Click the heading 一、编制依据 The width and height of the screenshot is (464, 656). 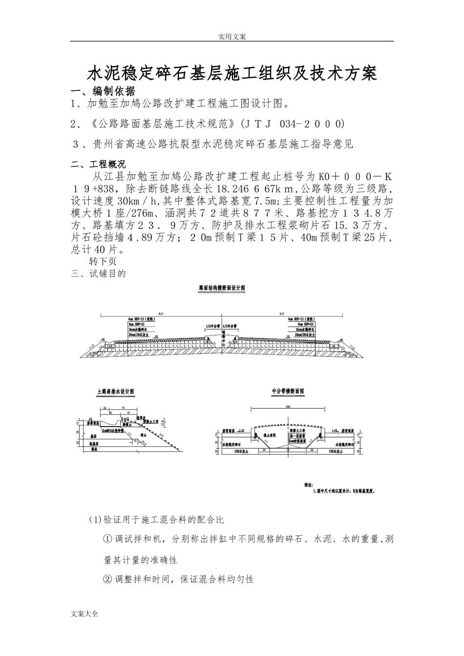tap(103, 91)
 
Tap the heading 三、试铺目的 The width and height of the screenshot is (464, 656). tap(99, 273)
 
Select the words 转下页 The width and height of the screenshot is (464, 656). tap(103, 262)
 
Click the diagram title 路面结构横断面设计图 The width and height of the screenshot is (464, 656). tap(222, 288)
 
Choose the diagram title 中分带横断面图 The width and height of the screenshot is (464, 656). tap(288, 391)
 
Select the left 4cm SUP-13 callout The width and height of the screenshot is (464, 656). tap(138, 318)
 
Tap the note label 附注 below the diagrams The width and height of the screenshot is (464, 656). tap(308, 486)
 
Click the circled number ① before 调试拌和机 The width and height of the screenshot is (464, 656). tap(108, 539)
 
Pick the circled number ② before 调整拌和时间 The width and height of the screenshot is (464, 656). tap(108, 579)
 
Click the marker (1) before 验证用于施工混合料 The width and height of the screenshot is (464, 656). tap(94, 519)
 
